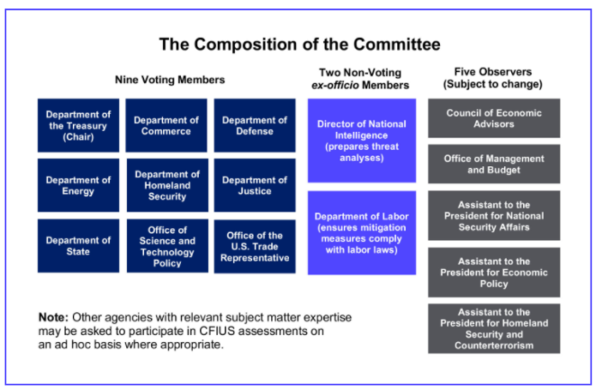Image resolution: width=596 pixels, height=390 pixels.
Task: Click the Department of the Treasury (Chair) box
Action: [78, 125]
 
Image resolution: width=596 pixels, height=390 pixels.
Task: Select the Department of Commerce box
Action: [166, 125]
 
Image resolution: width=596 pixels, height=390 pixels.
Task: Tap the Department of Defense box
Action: [255, 125]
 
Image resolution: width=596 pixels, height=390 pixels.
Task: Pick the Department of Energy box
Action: [78, 185]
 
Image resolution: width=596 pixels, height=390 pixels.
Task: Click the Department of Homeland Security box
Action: [167, 185]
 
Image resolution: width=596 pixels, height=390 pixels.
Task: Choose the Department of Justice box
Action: [255, 185]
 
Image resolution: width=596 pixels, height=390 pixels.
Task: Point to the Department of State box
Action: [78, 246]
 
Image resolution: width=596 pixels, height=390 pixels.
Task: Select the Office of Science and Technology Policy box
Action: [167, 246]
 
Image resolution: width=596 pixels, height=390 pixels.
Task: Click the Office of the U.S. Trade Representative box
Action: [255, 246]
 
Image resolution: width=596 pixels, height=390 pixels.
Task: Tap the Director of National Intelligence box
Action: [362, 141]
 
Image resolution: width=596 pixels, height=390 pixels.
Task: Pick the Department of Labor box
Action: [362, 233]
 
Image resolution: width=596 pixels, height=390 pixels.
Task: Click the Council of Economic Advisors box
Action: [494, 118]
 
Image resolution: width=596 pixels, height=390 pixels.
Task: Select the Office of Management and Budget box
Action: [494, 164]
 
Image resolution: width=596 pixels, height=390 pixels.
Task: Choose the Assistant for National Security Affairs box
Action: [494, 215]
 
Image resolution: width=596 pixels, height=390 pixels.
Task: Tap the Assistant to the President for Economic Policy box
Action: [494, 273]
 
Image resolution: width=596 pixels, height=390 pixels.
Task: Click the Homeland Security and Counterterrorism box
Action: [494, 328]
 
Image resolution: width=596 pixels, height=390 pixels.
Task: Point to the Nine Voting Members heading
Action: [170, 80]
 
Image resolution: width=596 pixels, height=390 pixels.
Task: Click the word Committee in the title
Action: [397, 44]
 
